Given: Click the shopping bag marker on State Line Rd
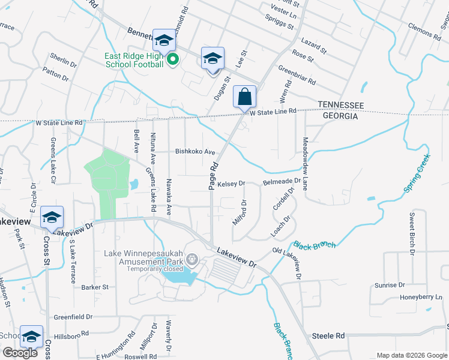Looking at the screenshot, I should click(x=245, y=97).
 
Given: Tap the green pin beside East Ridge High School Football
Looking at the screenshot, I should click(x=172, y=59).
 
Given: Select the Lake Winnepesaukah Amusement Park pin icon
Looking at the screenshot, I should click(x=191, y=259).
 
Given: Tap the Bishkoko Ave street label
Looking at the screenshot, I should click(x=194, y=152).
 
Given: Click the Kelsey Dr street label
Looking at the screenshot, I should click(x=231, y=184).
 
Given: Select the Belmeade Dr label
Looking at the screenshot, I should click(x=282, y=181).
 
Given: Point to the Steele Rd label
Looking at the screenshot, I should click(x=328, y=336).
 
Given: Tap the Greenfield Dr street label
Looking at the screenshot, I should click(x=73, y=317).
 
